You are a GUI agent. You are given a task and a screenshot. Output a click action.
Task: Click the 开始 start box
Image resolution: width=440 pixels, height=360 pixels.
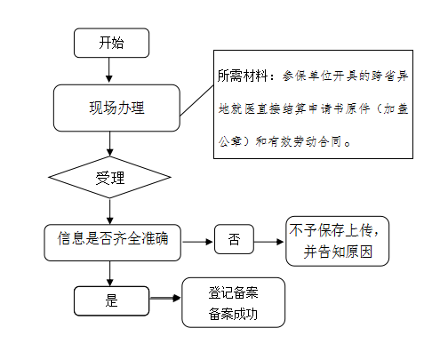(111, 43)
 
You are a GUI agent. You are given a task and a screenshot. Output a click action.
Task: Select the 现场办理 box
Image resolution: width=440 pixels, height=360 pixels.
(116, 108)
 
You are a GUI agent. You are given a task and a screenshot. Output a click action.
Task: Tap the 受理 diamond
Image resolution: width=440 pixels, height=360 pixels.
(109, 177)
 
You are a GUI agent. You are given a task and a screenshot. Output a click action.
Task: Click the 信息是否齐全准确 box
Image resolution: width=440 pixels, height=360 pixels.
(113, 243)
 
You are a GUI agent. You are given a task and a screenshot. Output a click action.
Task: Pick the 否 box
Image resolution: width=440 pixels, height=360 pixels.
(234, 239)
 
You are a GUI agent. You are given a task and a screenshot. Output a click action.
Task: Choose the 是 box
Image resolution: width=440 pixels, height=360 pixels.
(111, 300)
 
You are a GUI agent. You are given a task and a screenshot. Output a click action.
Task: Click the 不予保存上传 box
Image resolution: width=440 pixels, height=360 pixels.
(338, 241)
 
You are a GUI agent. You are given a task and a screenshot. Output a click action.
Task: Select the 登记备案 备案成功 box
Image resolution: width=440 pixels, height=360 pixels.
(234, 302)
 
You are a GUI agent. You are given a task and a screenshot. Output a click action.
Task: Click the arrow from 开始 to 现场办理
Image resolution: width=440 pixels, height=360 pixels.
(109, 70)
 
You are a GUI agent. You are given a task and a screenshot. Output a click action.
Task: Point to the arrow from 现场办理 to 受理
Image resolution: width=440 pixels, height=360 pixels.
(110, 144)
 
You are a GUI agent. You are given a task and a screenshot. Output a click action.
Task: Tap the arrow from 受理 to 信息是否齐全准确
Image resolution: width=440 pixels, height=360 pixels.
(110, 212)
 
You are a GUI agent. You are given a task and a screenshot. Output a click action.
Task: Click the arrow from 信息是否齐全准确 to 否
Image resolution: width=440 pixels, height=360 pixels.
(197, 242)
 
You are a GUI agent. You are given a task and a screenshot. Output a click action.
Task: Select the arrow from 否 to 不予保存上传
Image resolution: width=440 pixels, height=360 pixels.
(269, 242)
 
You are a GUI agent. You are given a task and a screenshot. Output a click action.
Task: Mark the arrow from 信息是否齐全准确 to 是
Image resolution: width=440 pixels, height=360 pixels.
(110, 274)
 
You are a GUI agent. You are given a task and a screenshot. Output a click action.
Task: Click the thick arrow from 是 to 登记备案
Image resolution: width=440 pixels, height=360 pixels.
(165, 298)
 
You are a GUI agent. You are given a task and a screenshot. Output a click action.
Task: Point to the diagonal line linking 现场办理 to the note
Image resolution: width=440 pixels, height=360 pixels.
(196, 100)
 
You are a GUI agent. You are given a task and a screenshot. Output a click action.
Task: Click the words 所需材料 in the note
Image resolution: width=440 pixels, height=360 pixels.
(243, 76)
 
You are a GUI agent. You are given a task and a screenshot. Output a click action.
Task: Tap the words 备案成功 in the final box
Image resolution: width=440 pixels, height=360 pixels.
(233, 314)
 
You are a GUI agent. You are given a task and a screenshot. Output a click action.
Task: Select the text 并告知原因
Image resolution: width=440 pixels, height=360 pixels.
(338, 252)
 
